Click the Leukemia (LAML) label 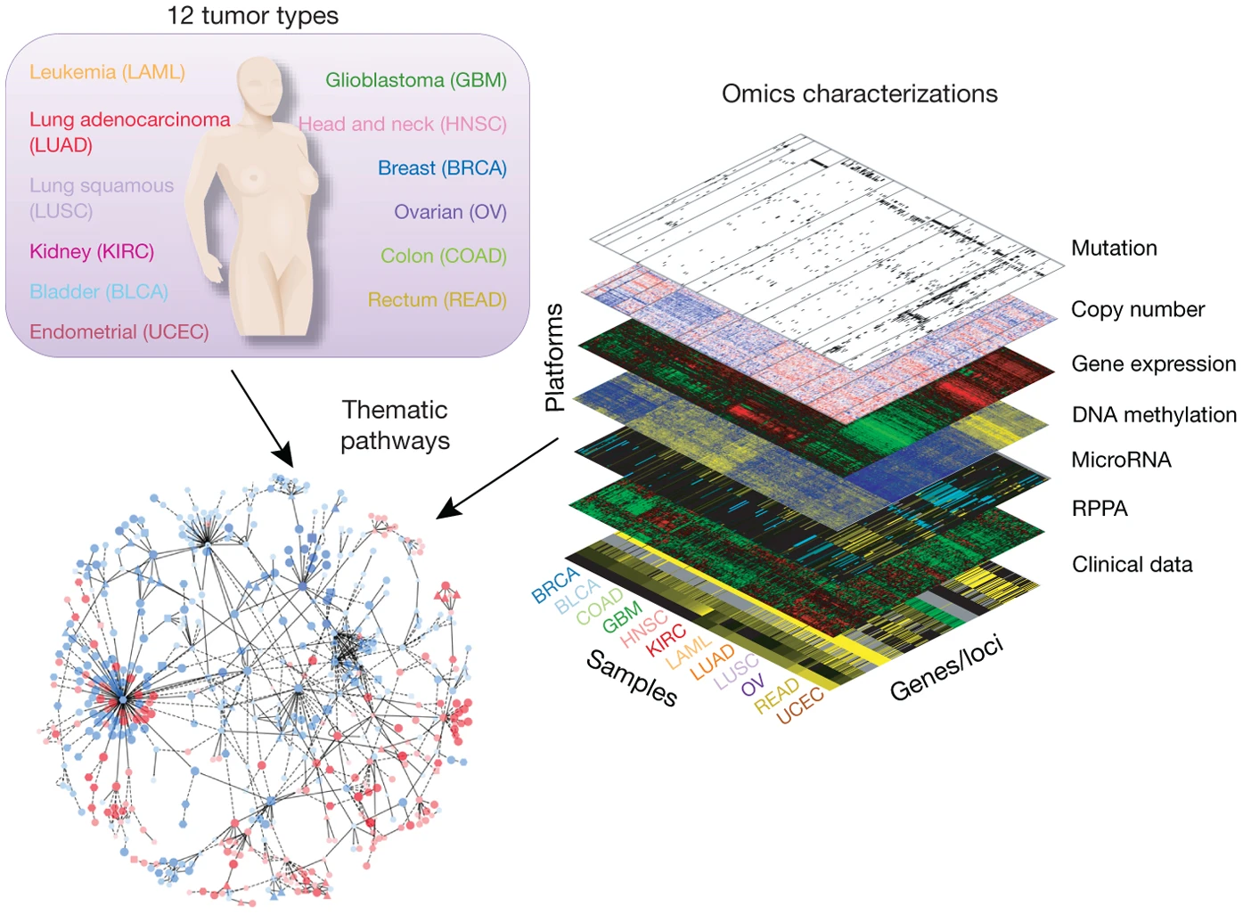point(107,72)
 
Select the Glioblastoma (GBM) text point(415,80)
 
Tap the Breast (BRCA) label point(442,168)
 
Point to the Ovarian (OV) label point(450,212)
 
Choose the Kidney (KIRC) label point(92,252)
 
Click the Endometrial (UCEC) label point(119,332)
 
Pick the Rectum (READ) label point(437,300)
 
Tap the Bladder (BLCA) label point(99,292)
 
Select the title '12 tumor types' point(252,16)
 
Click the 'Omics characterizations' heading point(859,94)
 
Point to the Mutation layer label point(1114,249)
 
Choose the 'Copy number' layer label point(1137,309)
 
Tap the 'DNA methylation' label point(1154,414)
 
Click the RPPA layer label point(1100,509)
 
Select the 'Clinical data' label point(1132,565)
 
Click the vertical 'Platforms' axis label point(555,357)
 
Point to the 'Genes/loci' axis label point(946,668)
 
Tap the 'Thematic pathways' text point(395,425)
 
